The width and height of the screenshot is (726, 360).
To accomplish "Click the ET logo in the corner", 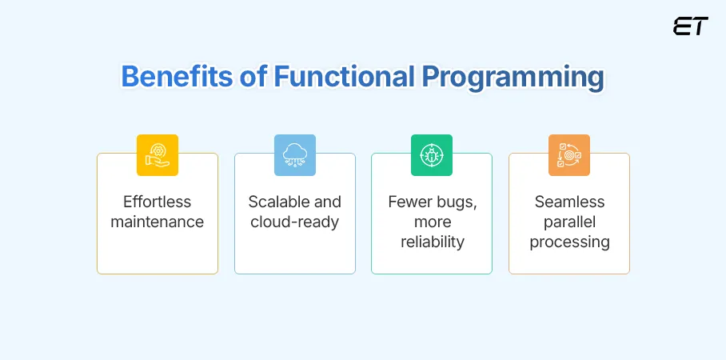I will (x=690, y=26).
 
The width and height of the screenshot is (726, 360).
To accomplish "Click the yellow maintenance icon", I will (x=158, y=154).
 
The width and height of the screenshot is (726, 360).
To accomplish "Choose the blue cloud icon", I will (x=294, y=154).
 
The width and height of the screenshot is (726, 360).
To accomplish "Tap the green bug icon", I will (x=432, y=154).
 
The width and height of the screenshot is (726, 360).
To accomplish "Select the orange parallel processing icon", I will (x=568, y=154).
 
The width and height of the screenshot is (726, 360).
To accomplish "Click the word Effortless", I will (x=158, y=202).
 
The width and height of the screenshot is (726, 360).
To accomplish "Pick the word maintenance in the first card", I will (x=158, y=222).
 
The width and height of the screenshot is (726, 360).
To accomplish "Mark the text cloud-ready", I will (x=294, y=222).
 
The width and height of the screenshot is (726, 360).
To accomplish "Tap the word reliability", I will (x=432, y=242).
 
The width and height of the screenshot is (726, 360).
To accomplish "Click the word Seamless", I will (x=569, y=202).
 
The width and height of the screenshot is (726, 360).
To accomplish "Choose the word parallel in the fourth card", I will (x=569, y=222).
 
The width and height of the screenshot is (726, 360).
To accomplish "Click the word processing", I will (x=569, y=242).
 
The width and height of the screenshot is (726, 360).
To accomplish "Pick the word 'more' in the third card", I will (x=432, y=222).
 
